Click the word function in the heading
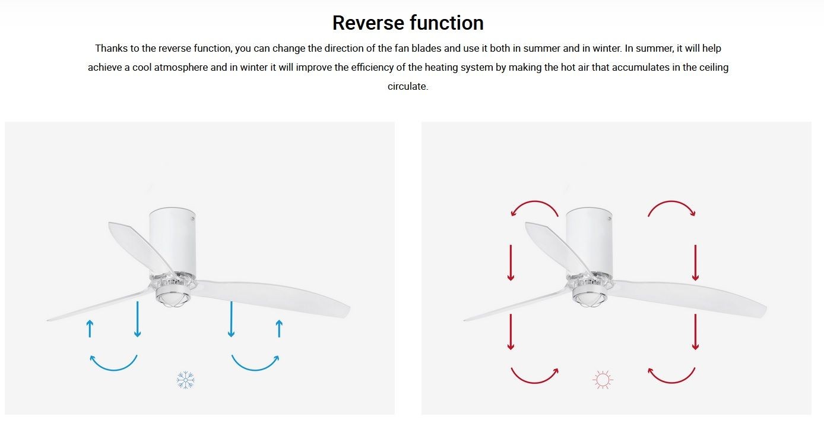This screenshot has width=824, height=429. [447, 23]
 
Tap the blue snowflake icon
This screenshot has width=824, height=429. [185, 380]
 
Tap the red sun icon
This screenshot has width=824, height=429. [603, 380]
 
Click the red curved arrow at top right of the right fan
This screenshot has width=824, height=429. [671, 202]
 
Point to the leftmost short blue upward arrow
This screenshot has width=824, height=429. [90, 329]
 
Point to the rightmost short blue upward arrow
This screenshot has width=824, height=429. [279, 329]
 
